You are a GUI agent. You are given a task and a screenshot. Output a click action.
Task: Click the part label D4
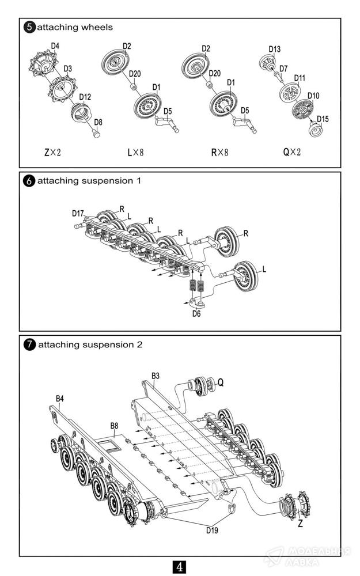(x=55, y=46)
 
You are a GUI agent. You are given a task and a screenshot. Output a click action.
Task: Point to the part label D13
(x=274, y=50)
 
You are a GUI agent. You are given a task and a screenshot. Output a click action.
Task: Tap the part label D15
(x=323, y=119)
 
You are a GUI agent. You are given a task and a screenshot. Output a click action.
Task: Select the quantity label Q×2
(x=291, y=153)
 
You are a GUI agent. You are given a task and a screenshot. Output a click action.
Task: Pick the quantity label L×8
(x=135, y=153)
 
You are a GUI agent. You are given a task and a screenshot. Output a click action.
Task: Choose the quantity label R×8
(x=219, y=153)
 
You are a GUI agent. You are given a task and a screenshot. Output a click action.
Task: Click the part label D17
(x=79, y=214)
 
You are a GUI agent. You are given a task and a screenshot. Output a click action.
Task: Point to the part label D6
(x=196, y=314)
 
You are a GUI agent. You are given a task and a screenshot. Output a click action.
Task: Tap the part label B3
(x=156, y=376)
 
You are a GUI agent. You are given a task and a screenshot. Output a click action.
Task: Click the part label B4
(x=59, y=398)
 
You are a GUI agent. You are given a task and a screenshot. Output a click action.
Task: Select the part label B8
(x=114, y=426)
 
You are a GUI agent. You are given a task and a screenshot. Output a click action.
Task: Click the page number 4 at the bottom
(x=180, y=567)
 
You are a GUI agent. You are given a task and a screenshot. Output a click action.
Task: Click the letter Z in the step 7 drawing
(x=300, y=525)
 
